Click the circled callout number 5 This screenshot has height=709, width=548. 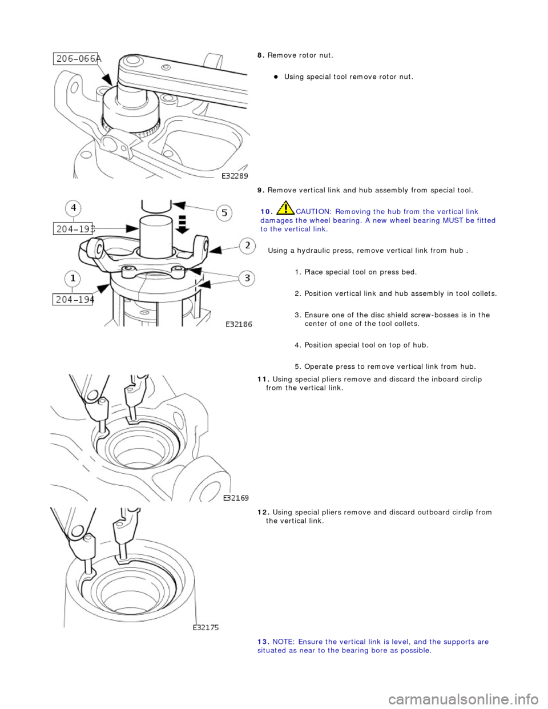tap(224, 213)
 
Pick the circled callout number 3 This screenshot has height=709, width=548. tap(247, 278)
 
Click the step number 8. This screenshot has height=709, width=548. tap(260, 55)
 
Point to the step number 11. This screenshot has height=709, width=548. tap(264, 380)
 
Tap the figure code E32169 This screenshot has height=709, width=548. tap(235, 498)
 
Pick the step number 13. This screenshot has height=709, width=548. tap(264, 642)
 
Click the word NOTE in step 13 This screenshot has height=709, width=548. tap(283, 642)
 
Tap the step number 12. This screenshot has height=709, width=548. tap(264, 513)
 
